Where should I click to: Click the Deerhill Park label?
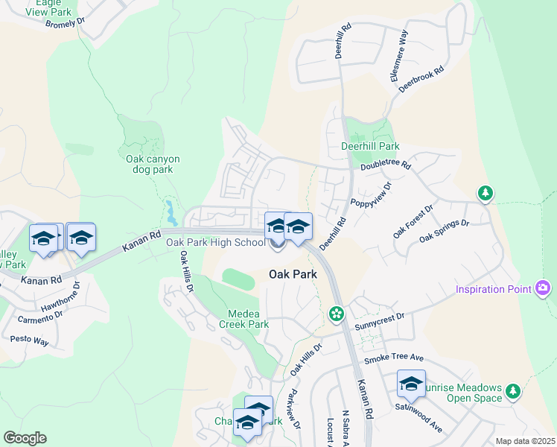point(370,147)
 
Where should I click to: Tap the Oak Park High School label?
point(214,242)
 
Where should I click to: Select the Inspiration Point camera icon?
point(543,288)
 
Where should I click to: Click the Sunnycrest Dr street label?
point(379,317)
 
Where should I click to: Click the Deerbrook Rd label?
point(421,79)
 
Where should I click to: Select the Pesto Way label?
point(29,340)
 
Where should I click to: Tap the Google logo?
point(25,438)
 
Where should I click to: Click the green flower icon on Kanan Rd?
point(337,314)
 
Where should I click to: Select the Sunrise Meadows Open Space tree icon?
point(512,391)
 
